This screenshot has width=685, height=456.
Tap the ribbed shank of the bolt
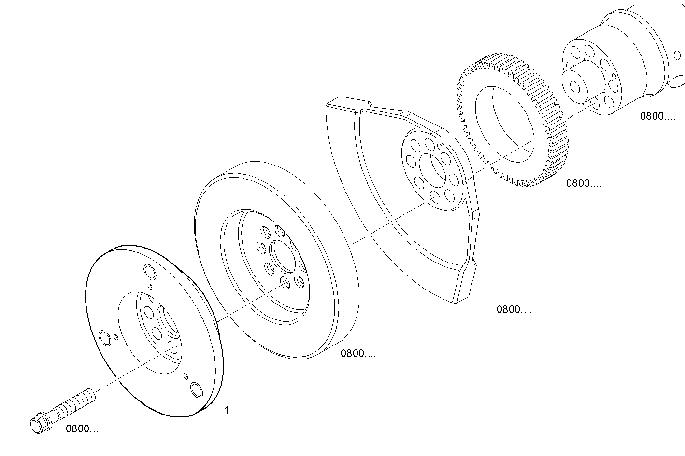(x=72, y=403)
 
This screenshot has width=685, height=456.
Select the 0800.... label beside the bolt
(x=84, y=429)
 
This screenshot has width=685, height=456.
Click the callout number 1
(x=227, y=411)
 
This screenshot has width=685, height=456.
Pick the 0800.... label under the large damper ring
(x=358, y=354)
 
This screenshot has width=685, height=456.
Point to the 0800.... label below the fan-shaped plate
(x=514, y=310)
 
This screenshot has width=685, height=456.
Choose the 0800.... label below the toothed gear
(x=584, y=183)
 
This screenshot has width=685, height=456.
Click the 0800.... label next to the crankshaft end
(x=657, y=116)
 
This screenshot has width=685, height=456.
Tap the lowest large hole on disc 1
(x=197, y=389)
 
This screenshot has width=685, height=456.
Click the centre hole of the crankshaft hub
(x=575, y=86)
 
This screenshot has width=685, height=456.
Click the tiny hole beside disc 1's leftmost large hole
(x=116, y=337)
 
